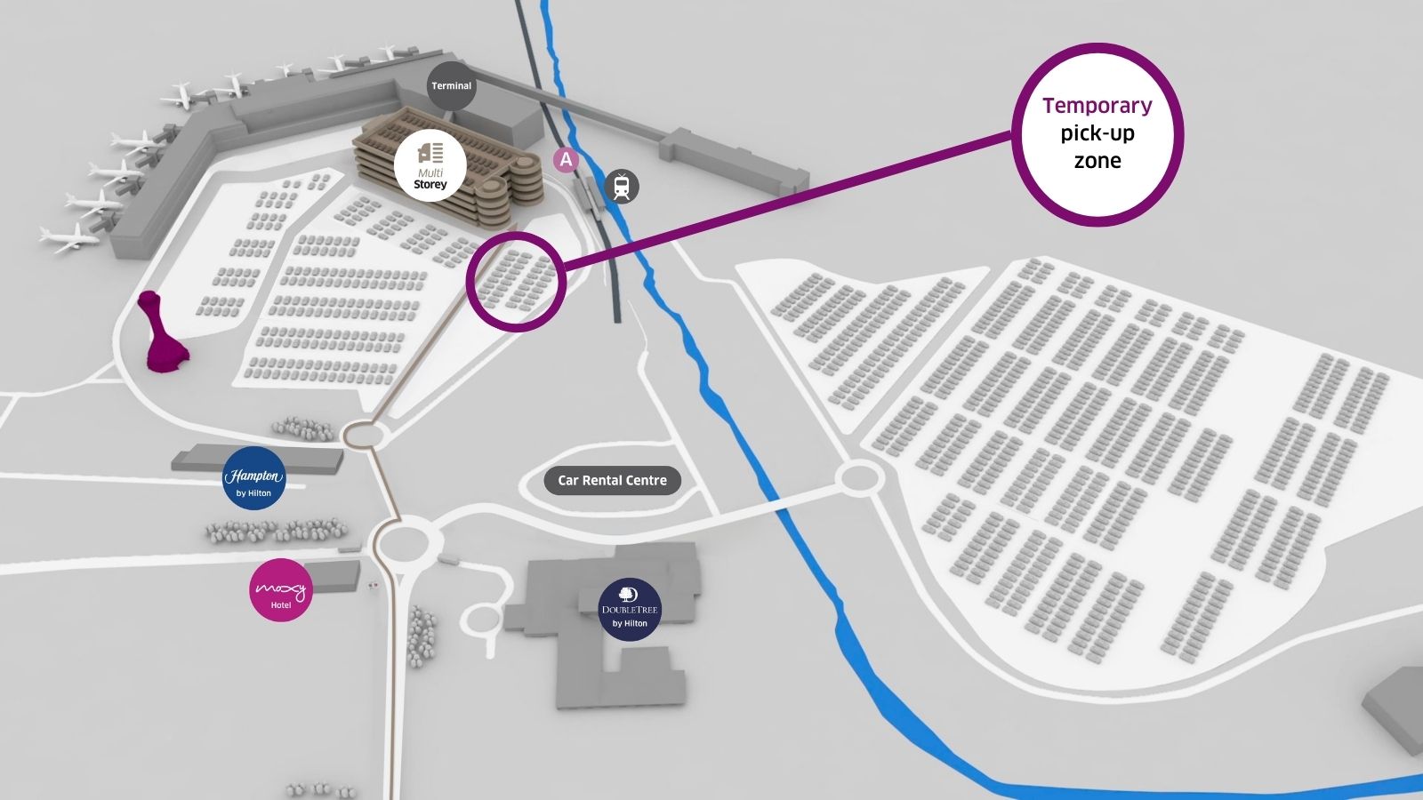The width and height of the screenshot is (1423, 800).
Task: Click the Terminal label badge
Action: point(451,86)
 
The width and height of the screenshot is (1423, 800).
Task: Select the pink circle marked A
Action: point(566,160)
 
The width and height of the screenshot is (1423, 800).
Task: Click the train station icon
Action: point(622,187)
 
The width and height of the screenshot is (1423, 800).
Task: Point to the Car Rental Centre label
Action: point(612,481)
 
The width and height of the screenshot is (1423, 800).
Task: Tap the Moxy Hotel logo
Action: point(281,590)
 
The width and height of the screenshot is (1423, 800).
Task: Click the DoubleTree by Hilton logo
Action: point(630,610)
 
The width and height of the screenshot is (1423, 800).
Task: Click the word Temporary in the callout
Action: point(1097,106)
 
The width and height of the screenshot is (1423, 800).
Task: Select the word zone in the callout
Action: point(1097,161)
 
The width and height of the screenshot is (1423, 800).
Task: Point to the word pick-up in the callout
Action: point(1097,133)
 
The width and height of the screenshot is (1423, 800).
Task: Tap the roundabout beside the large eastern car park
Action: point(857,478)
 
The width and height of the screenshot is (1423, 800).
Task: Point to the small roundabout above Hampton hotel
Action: point(363,435)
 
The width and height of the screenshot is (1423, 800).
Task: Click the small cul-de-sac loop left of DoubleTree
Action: point(484,620)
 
